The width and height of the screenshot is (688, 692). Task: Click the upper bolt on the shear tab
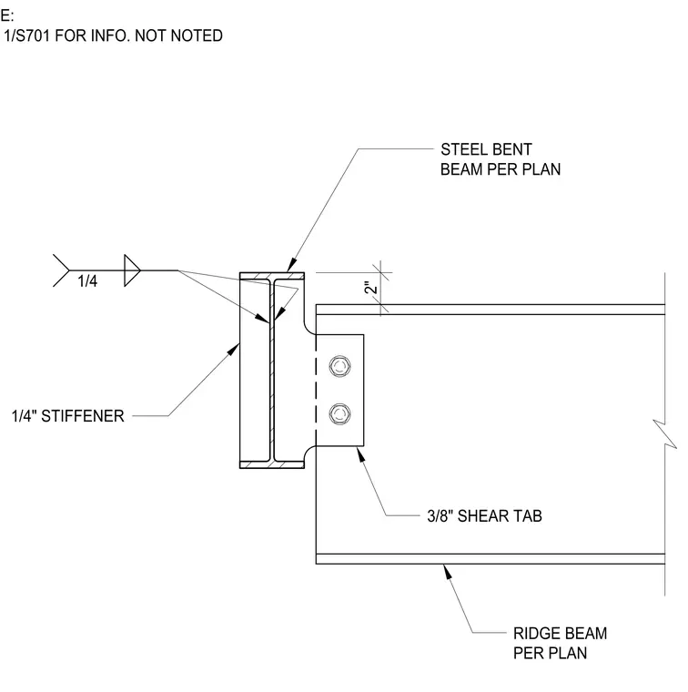(339, 366)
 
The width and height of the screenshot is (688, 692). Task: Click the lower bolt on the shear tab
(339, 414)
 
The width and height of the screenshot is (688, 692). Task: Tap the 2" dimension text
(371, 288)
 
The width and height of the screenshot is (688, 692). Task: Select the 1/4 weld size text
(87, 280)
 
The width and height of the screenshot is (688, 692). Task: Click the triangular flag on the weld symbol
(132, 270)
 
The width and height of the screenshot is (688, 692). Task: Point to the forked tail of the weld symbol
(61, 270)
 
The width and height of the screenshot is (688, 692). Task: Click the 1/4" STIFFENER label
(68, 416)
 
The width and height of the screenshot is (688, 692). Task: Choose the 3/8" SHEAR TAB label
(484, 515)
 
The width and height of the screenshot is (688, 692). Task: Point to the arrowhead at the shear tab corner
(361, 454)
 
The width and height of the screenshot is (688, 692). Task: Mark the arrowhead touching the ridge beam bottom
(448, 572)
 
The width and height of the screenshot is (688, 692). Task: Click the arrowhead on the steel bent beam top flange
(291, 265)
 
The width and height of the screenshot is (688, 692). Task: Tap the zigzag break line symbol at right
(664, 434)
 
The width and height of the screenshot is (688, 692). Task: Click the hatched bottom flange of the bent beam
(272, 464)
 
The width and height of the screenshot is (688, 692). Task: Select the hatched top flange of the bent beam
(272, 276)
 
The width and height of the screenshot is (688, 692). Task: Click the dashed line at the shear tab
(316, 391)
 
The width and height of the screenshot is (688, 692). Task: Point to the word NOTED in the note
(197, 36)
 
